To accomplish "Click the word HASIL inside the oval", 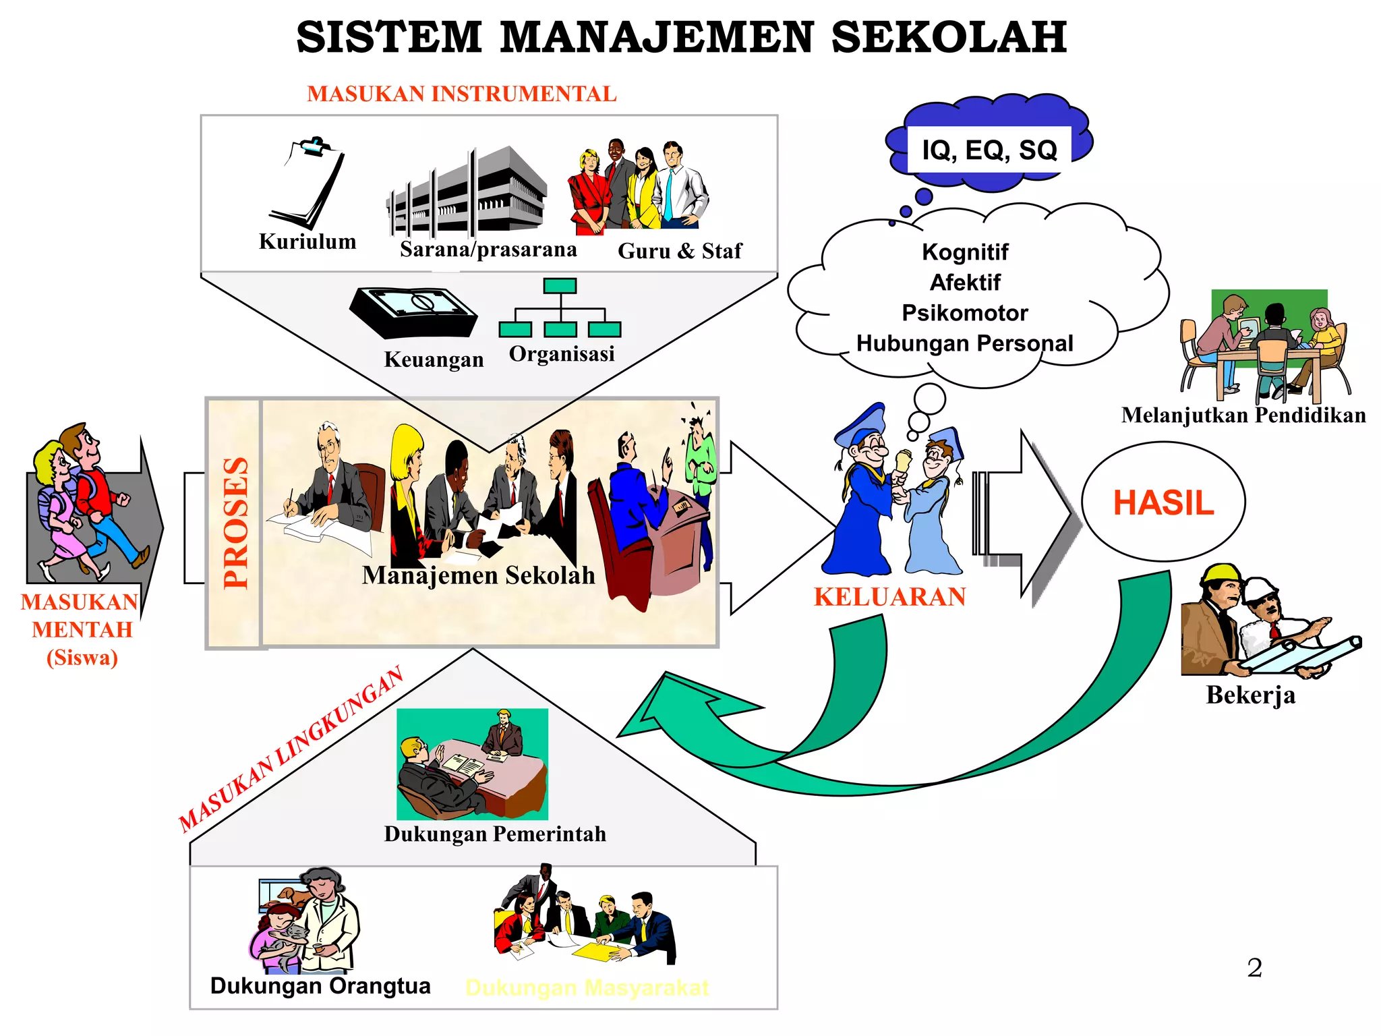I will click(x=1163, y=503).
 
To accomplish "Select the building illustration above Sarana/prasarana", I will click(x=467, y=192).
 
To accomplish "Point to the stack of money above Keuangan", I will click(x=413, y=312).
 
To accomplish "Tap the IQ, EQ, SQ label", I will click(x=989, y=150).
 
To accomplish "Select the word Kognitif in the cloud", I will click(x=965, y=252).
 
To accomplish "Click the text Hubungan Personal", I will click(x=964, y=343).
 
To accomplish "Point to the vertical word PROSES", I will click(x=235, y=523).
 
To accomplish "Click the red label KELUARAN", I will click(x=889, y=598).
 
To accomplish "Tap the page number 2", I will click(x=1254, y=968).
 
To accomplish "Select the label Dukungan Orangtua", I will click(x=320, y=985).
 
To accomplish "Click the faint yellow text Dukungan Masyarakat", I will click(x=587, y=987).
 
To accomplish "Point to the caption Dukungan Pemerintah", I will click(x=495, y=834).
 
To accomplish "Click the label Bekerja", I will click(x=1250, y=695).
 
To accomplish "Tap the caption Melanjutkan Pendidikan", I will click(x=1243, y=415).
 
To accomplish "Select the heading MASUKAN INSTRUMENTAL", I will click(x=462, y=94).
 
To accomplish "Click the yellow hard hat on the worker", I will click(x=1221, y=573).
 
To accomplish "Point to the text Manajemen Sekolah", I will click(x=478, y=575).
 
